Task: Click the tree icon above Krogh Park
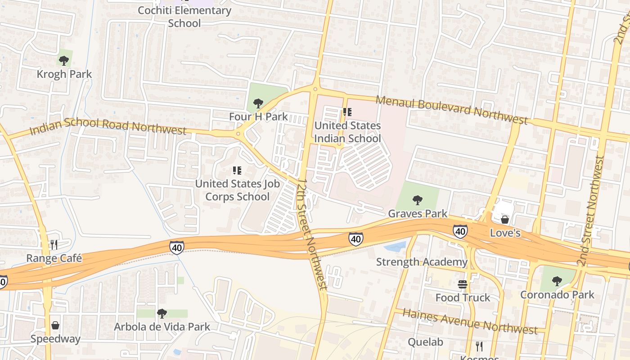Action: pos(64,60)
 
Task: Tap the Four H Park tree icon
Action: pos(258,103)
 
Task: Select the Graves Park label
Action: pos(418,213)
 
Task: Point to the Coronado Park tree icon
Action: pos(557,281)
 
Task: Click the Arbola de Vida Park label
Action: pos(162,327)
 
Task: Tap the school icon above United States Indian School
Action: pos(347,112)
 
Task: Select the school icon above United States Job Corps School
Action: pos(237,171)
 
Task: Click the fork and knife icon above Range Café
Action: pos(54,244)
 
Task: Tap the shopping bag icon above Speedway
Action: pos(55,325)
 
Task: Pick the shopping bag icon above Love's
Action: pos(505,219)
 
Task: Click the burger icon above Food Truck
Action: pos(463,284)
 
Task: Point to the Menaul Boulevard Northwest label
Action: pos(451,110)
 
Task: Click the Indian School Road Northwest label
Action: pos(108,126)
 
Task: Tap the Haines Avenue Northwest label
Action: pos(470,321)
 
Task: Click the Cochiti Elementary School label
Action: pos(184,16)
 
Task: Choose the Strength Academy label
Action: pos(422,262)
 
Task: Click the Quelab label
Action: pos(425,342)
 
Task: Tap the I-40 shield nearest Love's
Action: pos(460,231)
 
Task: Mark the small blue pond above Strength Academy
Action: pos(395,246)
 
